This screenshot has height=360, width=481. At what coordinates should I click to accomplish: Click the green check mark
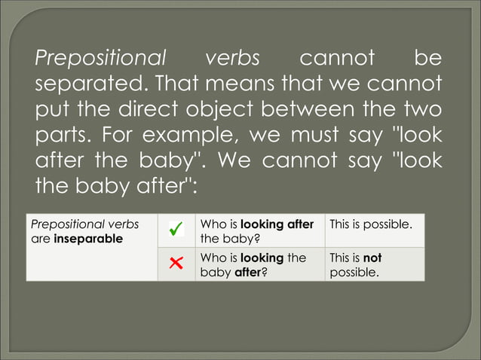click(x=176, y=230)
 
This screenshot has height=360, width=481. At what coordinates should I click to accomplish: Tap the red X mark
click(x=176, y=264)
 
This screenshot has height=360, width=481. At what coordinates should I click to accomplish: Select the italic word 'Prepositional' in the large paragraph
click(x=100, y=58)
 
